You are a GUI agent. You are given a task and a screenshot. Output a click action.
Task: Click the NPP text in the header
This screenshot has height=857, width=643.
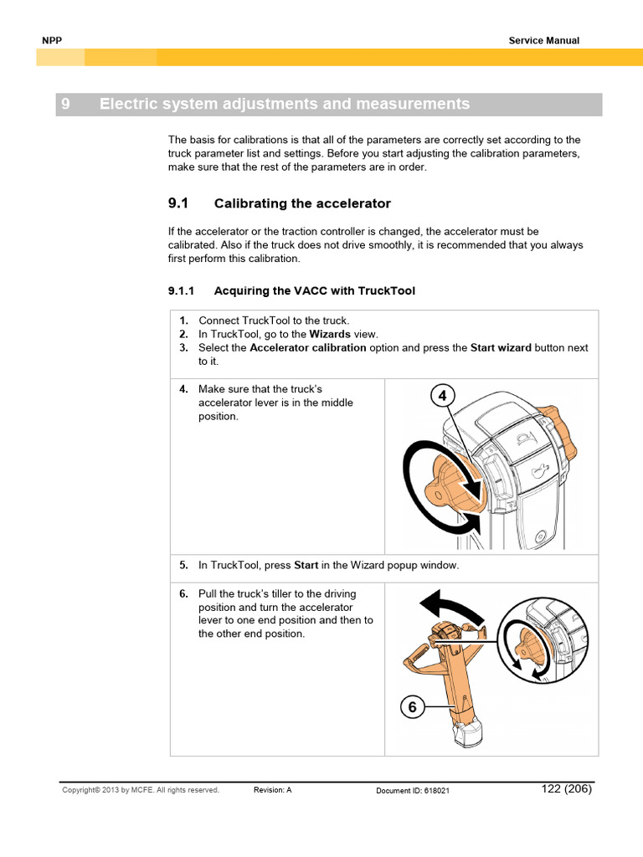52,40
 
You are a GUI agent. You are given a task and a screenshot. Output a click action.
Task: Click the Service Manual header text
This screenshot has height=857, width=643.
543,40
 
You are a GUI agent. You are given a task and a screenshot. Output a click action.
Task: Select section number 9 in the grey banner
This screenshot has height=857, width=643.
65,105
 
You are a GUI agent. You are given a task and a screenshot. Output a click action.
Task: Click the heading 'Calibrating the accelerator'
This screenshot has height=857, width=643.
302,203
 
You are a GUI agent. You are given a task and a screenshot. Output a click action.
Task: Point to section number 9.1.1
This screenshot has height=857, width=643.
181,291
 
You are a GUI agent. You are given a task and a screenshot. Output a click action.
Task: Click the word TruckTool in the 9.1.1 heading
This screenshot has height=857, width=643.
387,291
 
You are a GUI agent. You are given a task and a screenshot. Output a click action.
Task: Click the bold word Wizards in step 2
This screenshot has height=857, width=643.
330,334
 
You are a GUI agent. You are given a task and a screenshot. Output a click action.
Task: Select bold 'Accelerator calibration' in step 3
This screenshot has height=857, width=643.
307,347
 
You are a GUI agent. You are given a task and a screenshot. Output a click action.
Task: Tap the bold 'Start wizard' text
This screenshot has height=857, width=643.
501,347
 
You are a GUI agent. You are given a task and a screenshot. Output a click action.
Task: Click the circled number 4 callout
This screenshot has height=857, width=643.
443,396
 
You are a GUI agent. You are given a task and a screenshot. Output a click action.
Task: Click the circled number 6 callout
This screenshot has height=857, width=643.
412,707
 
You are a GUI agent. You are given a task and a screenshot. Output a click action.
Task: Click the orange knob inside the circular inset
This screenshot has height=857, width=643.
528,645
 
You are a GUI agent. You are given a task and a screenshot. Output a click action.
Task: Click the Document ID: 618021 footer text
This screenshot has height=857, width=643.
413,790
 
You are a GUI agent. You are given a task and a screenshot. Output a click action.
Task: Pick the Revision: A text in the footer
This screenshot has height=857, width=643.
272,790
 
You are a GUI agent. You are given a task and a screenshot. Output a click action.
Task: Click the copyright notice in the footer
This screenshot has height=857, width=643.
141,790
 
